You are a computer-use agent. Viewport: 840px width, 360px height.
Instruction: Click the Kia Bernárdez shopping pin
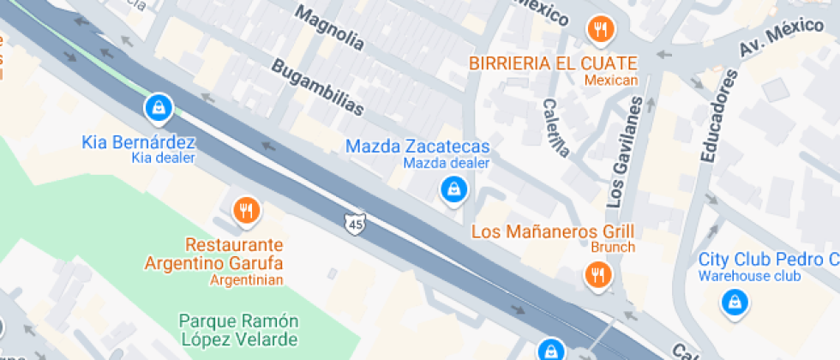[159, 107]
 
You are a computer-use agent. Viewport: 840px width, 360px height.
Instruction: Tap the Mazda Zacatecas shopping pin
[452, 189]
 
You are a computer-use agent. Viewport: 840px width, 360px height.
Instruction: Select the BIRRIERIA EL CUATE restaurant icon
[601, 30]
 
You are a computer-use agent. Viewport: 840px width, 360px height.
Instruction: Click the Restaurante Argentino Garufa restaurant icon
[246, 209]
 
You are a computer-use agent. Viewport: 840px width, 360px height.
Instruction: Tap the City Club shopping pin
[734, 301]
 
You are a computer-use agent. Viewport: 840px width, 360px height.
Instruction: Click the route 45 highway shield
[356, 224]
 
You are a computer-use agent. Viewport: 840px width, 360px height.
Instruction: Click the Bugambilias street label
[317, 87]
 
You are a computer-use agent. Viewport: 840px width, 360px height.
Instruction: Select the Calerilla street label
[555, 128]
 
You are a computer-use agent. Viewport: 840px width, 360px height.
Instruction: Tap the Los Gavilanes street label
[625, 152]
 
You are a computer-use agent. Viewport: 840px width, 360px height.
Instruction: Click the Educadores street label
[718, 115]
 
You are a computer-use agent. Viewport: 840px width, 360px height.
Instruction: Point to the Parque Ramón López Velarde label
[239, 330]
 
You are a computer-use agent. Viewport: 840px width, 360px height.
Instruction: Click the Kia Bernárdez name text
[139, 141]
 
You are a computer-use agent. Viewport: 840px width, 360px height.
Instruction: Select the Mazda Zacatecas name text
[417, 146]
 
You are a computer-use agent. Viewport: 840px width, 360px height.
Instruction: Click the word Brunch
[613, 248]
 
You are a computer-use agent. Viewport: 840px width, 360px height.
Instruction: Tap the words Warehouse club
[749, 276]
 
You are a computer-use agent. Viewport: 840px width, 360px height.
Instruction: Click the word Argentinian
[247, 279]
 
